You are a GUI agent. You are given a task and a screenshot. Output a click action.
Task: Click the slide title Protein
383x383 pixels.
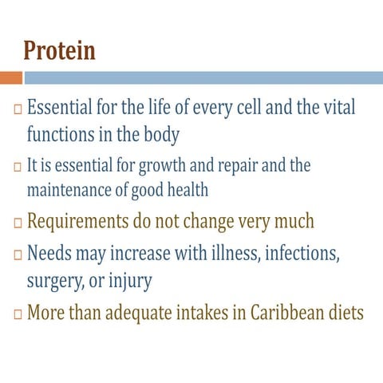pyautogui.click(x=59, y=50)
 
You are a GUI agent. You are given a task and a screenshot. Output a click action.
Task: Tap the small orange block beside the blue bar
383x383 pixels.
pyautogui.click(x=10, y=77)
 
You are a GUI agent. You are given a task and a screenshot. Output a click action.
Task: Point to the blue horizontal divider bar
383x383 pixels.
pyautogui.click(x=203, y=77)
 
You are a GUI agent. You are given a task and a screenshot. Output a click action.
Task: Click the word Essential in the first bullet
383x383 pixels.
pyautogui.click(x=60, y=108)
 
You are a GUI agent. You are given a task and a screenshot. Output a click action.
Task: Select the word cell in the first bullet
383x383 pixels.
pyautogui.click(x=255, y=108)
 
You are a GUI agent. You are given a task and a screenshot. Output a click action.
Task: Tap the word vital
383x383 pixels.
pyautogui.click(x=338, y=108)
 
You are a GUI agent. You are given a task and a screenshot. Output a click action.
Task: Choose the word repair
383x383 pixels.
pyautogui.click(x=238, y=167)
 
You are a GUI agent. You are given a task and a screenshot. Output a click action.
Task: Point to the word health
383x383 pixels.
pyautogui.click(x=188, y=190)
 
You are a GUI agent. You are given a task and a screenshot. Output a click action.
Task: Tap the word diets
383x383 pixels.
pyautogui.click(x=345, y=311)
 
